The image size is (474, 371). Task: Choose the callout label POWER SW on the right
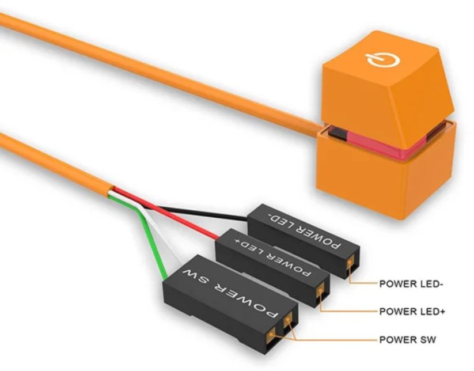[x=407, y=340]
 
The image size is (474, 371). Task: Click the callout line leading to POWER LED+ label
[x=351, y=312]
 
